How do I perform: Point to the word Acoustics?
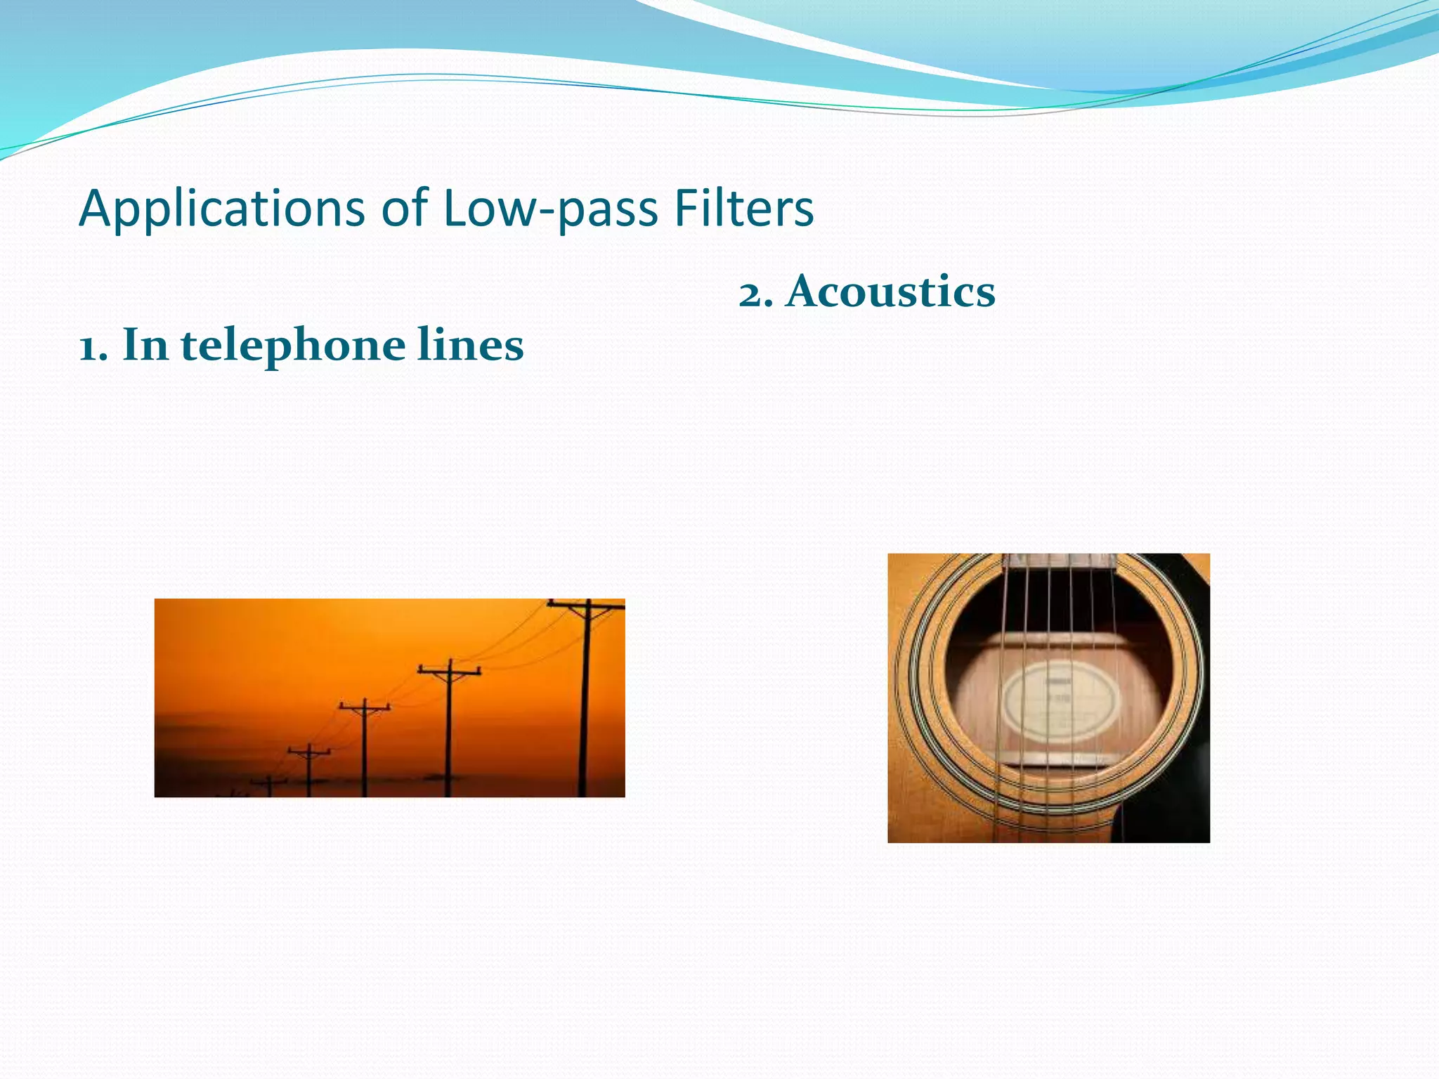click(x=890, y=292)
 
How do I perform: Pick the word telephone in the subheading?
click(x=293, y=346)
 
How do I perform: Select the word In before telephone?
click(x=145, y=346)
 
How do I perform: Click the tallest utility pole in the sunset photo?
click(x=585, y=702)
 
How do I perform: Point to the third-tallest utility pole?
click(x=364, y=748)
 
